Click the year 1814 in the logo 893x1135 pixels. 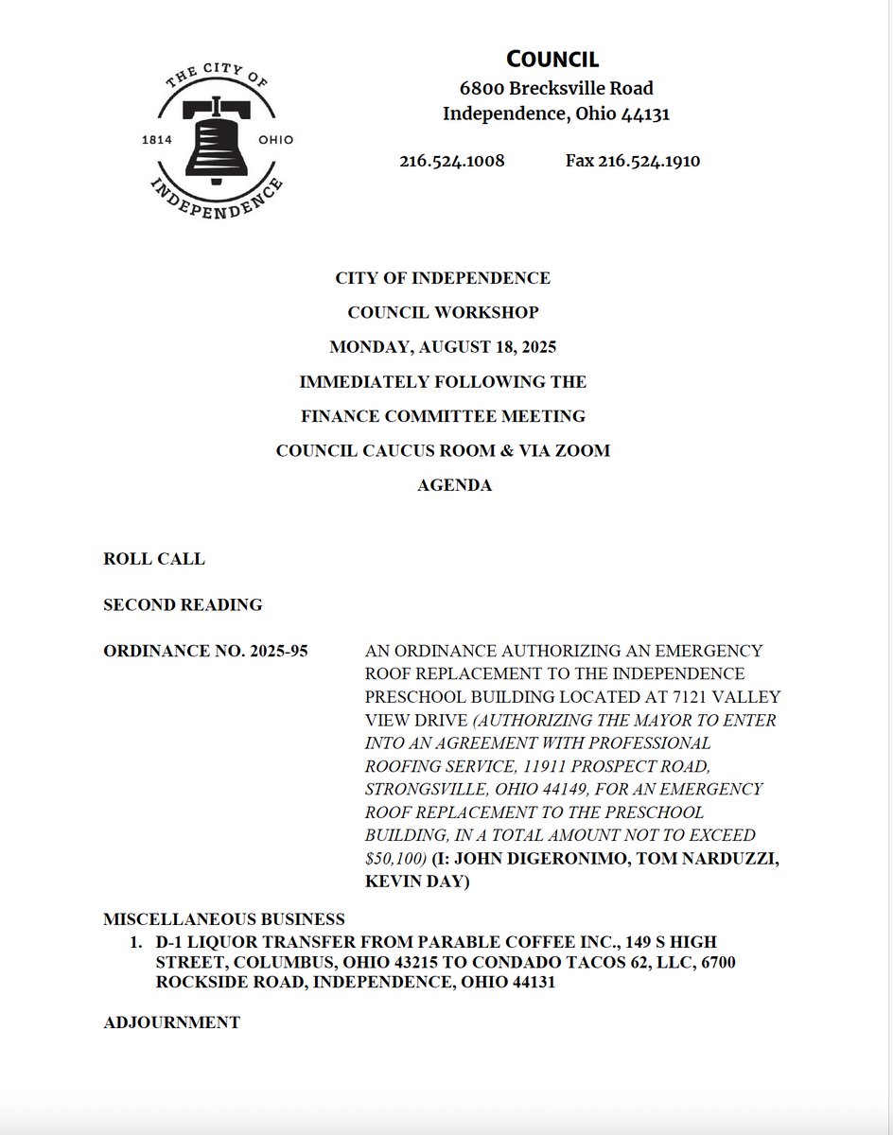click(155, 140)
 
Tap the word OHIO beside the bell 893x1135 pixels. click(275, 140)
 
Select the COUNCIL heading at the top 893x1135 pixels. click(552, 59)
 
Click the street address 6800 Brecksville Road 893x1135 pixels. click(556, 89)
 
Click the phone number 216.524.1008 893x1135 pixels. click(451, 161)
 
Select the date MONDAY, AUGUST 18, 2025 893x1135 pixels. click(443, 347)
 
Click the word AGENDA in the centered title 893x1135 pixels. click(454, 485)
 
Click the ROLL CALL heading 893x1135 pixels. click(153, 559)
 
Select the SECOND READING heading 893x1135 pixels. click(183, 604)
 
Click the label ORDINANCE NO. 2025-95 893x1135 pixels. click(205, 652)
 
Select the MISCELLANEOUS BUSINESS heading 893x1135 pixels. click(224, 919)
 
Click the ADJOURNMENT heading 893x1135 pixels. click(171, 1022)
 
